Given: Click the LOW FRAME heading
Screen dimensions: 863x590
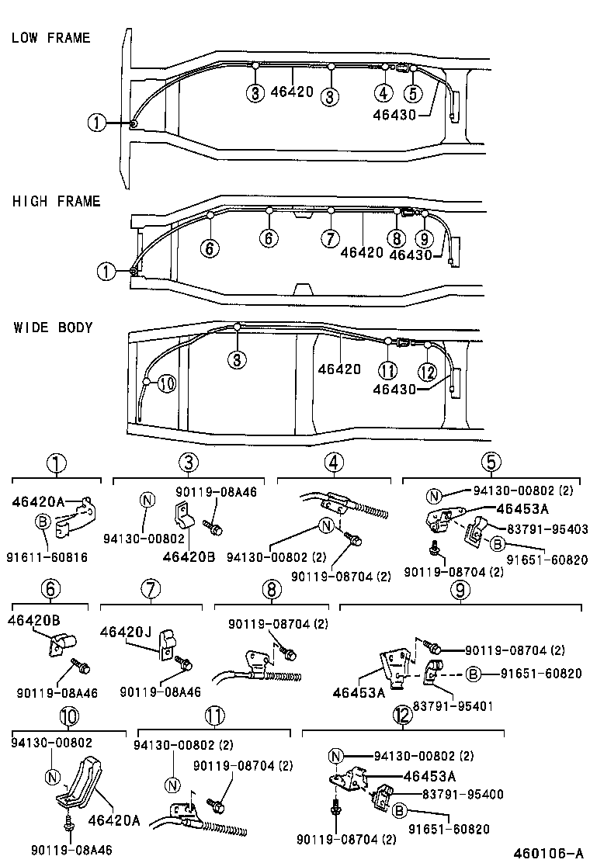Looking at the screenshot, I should [50, 38].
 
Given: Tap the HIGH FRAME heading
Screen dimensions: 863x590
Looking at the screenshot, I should [56, 202].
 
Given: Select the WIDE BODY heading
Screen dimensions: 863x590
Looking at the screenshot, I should [53, 328].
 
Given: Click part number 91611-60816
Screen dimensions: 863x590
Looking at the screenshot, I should [48, 556].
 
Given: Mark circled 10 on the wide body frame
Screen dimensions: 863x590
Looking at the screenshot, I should [167, 383].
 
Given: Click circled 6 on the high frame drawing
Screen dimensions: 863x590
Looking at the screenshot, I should [210, 248].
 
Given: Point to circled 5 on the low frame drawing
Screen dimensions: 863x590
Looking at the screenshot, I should [413, 93].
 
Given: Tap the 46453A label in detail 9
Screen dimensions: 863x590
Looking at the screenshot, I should [359, 692].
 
